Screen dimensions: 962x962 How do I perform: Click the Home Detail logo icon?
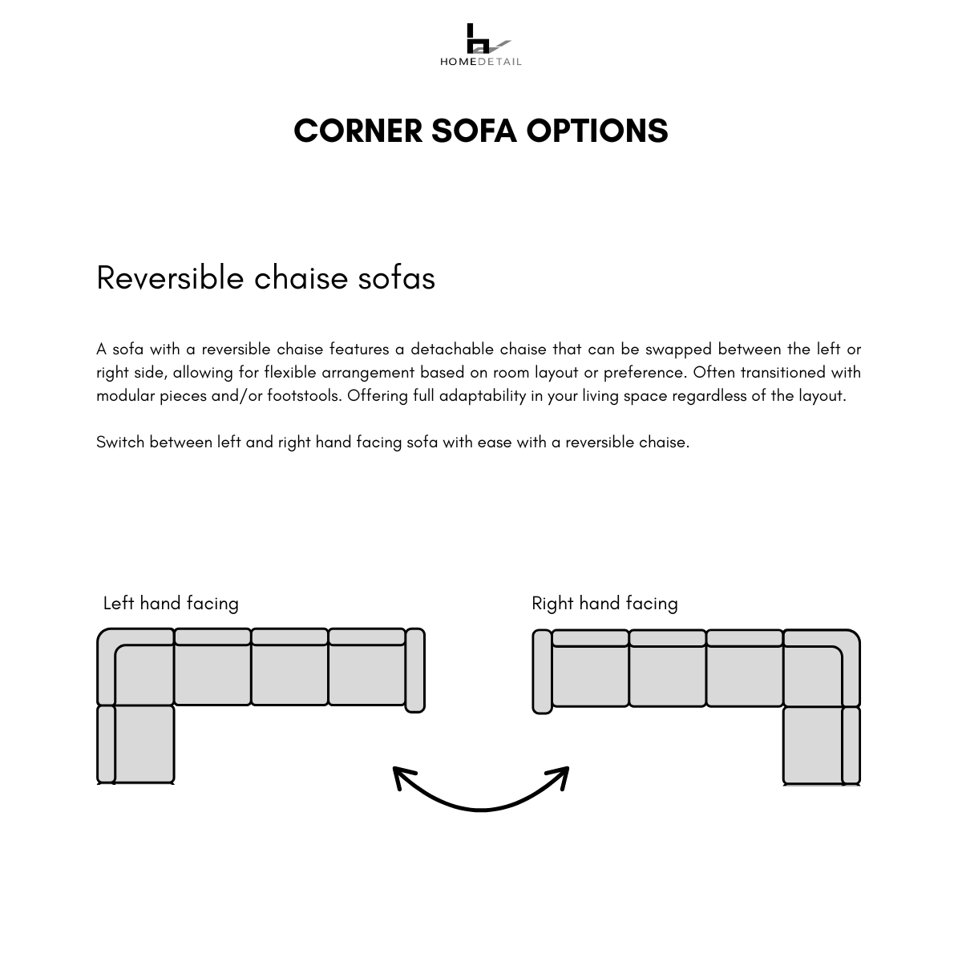pyautogui.click(x=481, y=38)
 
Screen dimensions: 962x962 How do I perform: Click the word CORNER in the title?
pyautogui.click(x=358, y=131)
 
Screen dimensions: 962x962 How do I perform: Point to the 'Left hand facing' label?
pyautogui.click(x=171, y=603)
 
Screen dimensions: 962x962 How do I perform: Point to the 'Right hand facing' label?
pyautogui.click(x=604, y=603)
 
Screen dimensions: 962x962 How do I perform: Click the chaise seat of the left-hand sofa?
pyautogui.click(x=144, y=742)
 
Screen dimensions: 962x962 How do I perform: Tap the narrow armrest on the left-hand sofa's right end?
pyautogui.click(x=414, y=670)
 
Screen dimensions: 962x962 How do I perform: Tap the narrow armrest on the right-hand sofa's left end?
pyautogui.click(x=542, y=672)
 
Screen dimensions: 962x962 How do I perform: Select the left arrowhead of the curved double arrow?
pyautogui.click(x=401, y=775)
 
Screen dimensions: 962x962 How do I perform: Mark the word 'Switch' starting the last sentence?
pyautogui.click(x=120, y=443)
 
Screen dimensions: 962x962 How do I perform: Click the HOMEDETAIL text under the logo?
pyautogui.click(x=480, y=62)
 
